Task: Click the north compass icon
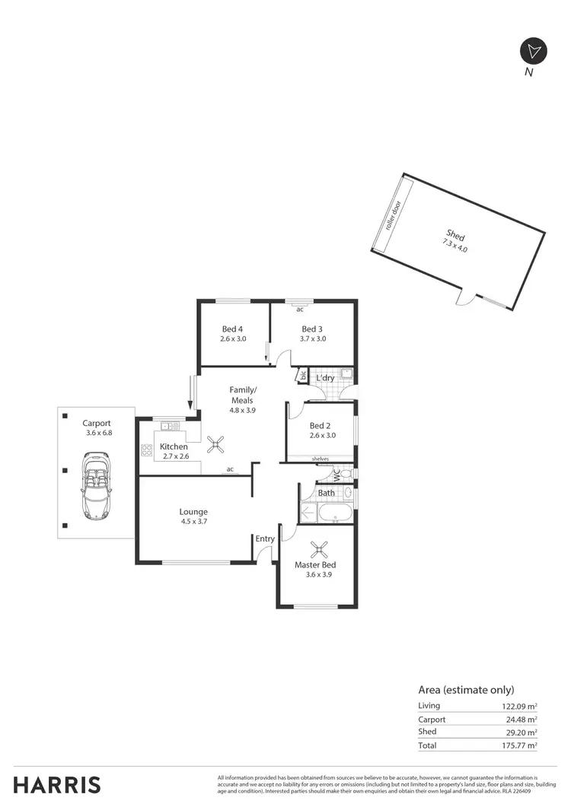pos(532,51)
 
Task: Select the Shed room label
pos(455,237)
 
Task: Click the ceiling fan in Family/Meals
pos(217,442)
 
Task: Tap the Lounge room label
pos(193,512)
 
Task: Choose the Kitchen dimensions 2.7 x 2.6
pos(174,456)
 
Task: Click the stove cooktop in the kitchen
pos(147,450)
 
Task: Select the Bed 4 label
pos(232,329)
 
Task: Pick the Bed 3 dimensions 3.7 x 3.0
pos(312,339)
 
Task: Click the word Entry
pos(265,539)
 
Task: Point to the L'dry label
pos(325,378)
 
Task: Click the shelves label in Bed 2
pos(321,459)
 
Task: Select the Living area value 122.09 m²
pos(515,707)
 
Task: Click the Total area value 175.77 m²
pos(515,746)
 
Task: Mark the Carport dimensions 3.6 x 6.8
pos(99,434)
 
